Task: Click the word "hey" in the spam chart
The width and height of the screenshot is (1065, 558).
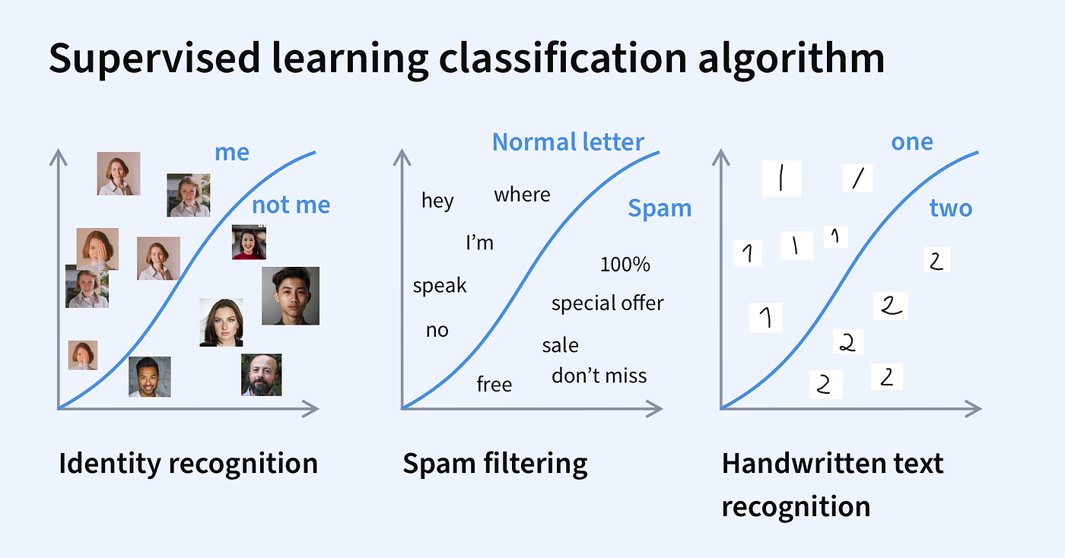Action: click(437, 201)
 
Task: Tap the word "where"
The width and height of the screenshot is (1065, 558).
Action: click(522, 195)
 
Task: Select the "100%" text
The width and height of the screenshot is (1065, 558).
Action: click(625, 265)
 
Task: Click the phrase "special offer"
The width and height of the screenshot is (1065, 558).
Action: click(607, 303)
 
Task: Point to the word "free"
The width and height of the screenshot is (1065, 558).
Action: click(494, 385)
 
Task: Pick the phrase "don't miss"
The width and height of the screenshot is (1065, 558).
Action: click(599, 376)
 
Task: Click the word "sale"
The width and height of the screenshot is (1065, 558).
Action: click(560, 346)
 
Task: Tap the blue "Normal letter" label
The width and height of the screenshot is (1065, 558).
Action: click(567, 142)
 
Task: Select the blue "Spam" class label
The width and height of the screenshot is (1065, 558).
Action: click(659, 208)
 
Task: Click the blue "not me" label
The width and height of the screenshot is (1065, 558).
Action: click(291, 205)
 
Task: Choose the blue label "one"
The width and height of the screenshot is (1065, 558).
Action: click(911, 142)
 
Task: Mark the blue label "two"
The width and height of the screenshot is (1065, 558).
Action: click(950, 208)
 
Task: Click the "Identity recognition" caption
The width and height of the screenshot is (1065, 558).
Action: click(188, 463)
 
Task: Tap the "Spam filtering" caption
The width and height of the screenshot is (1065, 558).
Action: click(494, 463)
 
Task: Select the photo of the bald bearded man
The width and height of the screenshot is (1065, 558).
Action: click(261, 375)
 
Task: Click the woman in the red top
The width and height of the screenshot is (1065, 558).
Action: click(249, 243)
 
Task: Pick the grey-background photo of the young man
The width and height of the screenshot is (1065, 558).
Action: click(290, 296)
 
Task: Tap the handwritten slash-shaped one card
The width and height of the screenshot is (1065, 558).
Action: click(857, 179)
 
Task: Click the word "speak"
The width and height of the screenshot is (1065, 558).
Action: click(440, 286)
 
